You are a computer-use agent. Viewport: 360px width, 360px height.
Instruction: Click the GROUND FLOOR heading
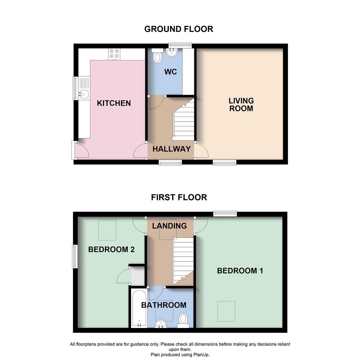point(179,29)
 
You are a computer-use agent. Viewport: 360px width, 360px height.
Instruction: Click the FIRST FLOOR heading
point(179,197)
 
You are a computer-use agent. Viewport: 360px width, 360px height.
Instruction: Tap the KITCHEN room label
point(114,103)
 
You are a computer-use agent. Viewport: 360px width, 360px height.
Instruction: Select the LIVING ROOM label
point(241,105)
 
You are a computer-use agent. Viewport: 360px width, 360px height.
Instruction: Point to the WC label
point(170,72)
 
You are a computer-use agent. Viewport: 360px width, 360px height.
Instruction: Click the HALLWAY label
point(171,149)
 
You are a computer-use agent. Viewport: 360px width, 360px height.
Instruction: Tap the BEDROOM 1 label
point(240,271)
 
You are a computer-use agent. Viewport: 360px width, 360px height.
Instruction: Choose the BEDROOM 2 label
point(111,249)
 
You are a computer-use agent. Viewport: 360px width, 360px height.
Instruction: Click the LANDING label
point(169,226)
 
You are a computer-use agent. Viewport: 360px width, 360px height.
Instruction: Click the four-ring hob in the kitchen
point(114,54)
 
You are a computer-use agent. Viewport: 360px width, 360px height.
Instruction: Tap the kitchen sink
point(83,94)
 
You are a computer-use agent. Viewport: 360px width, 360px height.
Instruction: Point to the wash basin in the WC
point(172,53)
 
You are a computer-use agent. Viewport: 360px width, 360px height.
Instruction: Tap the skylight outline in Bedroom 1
point(226,311)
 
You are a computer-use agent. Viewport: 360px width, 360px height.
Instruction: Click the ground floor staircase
point(184,123)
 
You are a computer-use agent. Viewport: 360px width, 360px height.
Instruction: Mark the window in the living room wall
point(225,162)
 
